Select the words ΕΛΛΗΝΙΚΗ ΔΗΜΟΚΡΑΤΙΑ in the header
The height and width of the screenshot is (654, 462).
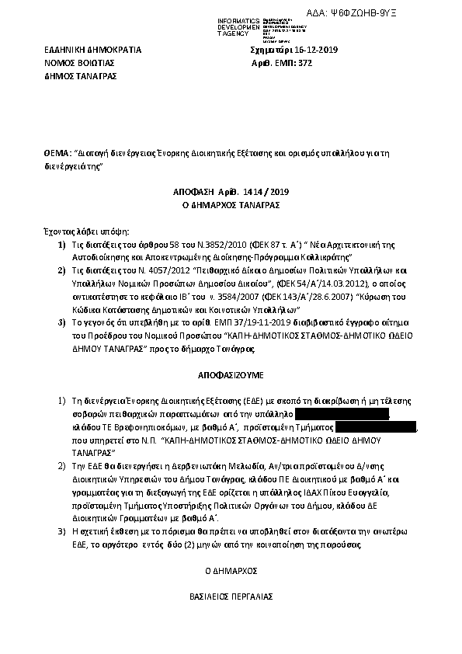click(92, 50)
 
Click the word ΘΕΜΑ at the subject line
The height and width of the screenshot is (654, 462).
click(57, 155)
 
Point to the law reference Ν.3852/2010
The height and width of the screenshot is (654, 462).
click(200, 245)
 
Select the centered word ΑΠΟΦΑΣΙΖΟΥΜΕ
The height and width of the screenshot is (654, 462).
click(228, 371)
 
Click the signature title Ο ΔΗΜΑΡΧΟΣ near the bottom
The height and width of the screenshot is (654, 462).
click(230, 570)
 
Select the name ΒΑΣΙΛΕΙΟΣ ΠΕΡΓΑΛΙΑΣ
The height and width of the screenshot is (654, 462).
click(230, 598)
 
